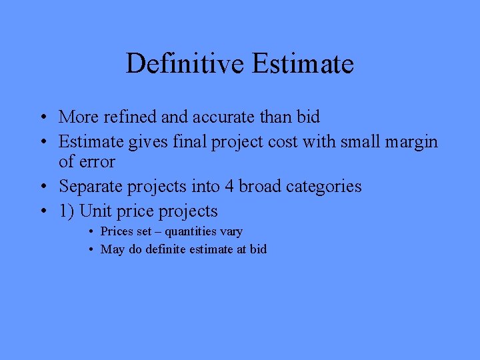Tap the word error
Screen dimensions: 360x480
tap(97, 161)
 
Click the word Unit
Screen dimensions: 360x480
tap(94, 211)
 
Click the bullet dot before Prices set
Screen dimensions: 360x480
tap(90, 232)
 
